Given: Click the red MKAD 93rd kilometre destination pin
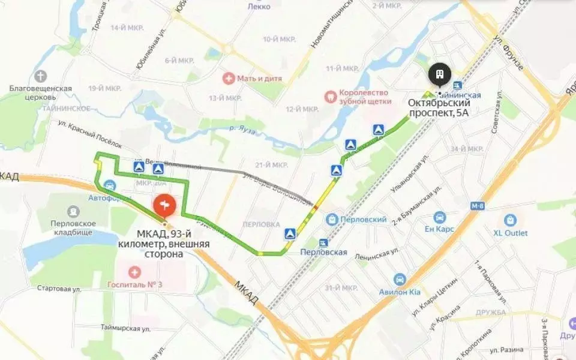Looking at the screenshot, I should click(164, 206).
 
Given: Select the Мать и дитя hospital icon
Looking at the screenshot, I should click(228, 78).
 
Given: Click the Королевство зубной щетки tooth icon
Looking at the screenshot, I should click(329, 95).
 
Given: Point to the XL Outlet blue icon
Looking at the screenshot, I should click(511, 220).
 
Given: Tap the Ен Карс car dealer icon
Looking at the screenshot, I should click(440, 217).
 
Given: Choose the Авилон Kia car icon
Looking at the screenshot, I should click(400, 279).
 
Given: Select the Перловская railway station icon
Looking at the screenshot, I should click(324, 243).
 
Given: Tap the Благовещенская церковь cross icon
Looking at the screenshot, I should click(41, 76).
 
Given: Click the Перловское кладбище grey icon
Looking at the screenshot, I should click(74, 211).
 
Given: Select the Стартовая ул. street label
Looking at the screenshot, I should click(59, 289).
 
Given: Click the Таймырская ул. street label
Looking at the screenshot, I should click(125, 328).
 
